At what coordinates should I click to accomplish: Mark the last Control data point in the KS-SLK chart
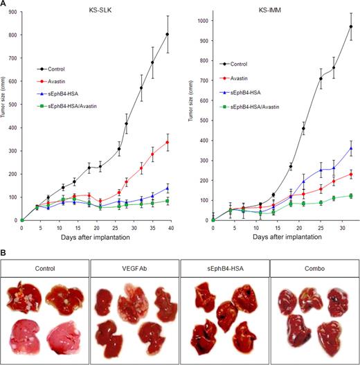[x=168, y=35]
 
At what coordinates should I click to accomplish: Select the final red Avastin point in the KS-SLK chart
[x=168, y=142]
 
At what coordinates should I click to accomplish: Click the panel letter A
[x=6, y=5]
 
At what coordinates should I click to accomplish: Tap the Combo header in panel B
[x=312, y=267]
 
